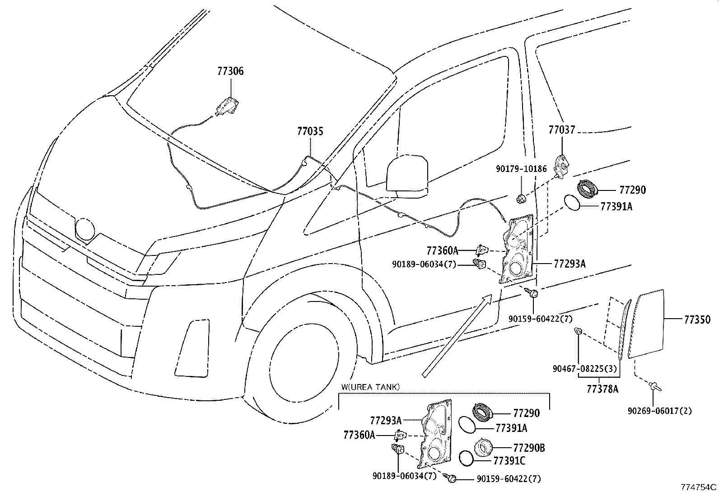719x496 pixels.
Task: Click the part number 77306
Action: click(x=230, y=71)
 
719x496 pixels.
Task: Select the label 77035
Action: click(x=310, y=131)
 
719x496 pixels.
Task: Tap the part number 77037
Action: click(x=562, y=130)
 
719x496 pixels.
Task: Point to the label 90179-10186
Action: click(x=521, y=169)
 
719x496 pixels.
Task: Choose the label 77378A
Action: click(x=602, y=389)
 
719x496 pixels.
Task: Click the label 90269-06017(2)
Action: click(x=659, y=411)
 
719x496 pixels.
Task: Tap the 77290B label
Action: click(x=529, y=448)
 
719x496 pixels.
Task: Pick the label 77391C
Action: click(x=509, y=461)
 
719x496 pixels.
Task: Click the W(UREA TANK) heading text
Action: click(x=370, y=387)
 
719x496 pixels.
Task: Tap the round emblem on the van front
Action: click(x=85, y=228)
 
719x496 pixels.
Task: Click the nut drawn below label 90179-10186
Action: click(x=520, y=197)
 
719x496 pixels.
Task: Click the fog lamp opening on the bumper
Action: click(x=191, y=348)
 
